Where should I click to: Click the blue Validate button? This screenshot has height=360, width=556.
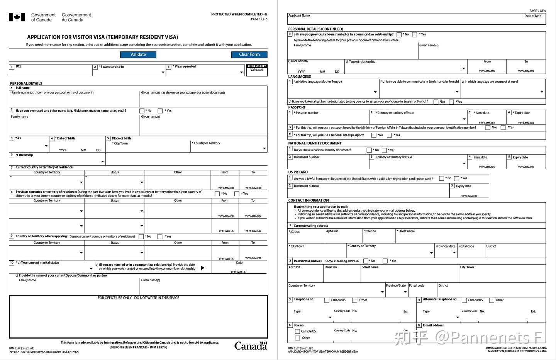[138, 54]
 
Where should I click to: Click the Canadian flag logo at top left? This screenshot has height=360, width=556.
[17, 17]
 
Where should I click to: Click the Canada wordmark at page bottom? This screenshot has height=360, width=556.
[251, 346]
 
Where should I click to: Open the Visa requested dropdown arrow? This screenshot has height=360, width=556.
[242, 72]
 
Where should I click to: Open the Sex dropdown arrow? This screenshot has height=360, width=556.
[46, 146]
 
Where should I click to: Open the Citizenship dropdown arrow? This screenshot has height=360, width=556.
[102, 161]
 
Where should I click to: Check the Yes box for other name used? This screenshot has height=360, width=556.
[160, 111]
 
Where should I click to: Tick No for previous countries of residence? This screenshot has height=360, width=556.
[217, 194]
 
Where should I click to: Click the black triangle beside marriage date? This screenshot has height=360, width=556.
[203, 268]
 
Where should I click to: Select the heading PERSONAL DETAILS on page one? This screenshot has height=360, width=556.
[26, 83]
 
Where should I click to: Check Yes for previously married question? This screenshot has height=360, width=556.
[414, 34]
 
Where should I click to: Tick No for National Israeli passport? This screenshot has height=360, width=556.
[373, 135]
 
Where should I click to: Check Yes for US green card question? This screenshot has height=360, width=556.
[456, 178]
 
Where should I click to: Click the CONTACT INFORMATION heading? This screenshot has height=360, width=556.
[309, 200]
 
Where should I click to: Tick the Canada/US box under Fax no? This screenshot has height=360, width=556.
[297, 331]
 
